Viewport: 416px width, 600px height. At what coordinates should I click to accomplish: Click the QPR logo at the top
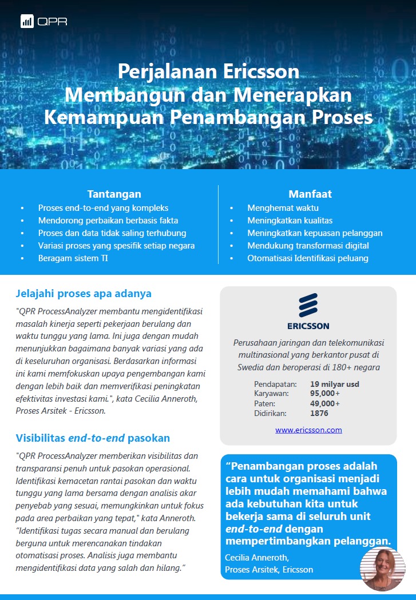[43, 22]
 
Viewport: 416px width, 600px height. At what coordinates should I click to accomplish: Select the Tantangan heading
[114, 194]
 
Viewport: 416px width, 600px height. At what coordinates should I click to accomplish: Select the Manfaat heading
[310, 194]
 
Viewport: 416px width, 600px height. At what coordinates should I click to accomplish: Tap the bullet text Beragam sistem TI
[73, 258]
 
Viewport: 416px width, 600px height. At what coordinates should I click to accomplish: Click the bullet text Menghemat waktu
[283, 207]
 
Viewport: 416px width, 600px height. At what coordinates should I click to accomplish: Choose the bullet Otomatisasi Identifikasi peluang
[307, 258]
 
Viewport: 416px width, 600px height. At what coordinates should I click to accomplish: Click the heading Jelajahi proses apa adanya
[84, 294]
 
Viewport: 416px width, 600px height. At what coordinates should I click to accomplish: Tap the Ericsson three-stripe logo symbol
[308, 305]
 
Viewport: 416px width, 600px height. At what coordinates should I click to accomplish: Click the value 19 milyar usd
[335, 384]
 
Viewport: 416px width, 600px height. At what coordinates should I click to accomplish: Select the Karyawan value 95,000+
[325, 394]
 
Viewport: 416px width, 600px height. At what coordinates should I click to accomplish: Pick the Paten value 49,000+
[325, 403]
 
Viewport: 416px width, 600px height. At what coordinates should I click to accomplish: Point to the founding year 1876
[319, 413]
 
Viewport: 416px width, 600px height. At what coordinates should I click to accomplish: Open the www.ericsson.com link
[308, 430]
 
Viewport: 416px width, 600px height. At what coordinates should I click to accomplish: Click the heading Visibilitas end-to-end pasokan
[93, 438]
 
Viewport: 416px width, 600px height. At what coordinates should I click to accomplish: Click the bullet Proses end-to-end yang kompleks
[103, 207]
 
